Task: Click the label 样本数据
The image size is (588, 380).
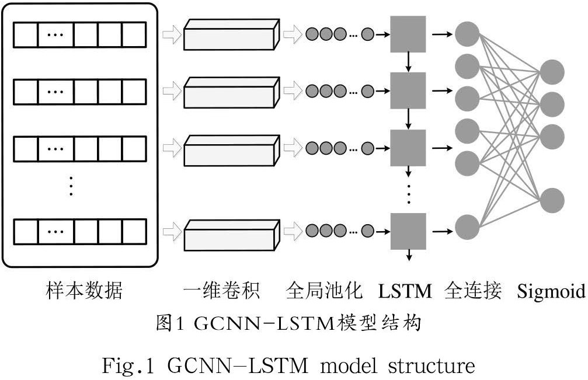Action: click(84, 291)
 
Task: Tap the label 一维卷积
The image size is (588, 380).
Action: click(220, 291)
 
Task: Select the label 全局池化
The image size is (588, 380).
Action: click(325, 291)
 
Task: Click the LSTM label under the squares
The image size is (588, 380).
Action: click(405, 291)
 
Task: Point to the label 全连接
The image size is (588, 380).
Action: click(473, 291)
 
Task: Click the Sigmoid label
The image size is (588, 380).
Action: click(551, 291)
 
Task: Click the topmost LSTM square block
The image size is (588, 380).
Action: click(408, 34)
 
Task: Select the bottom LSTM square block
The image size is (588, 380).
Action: click(408, 231)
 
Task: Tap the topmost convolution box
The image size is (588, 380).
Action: click(229, 35)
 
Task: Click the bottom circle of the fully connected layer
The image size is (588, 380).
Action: click(467, 227)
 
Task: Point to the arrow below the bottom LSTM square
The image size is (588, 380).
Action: click(409, 255)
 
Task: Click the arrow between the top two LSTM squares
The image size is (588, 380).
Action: click(409, 62)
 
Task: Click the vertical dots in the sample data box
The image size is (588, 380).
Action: click(71, 184)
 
